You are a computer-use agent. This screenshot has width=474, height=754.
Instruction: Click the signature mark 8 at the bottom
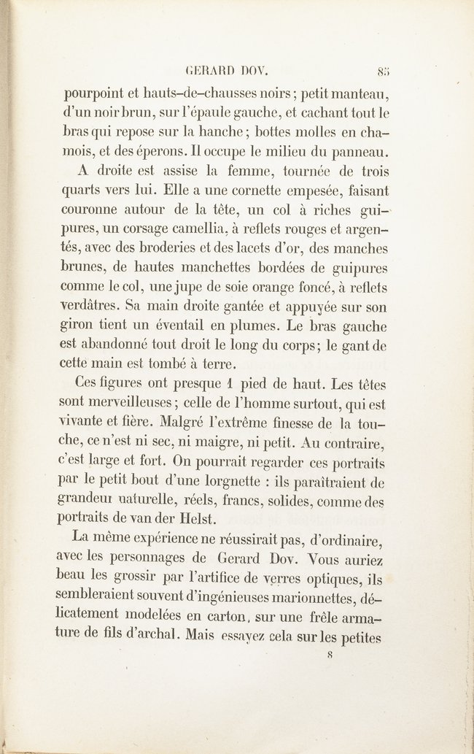(330, 655)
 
